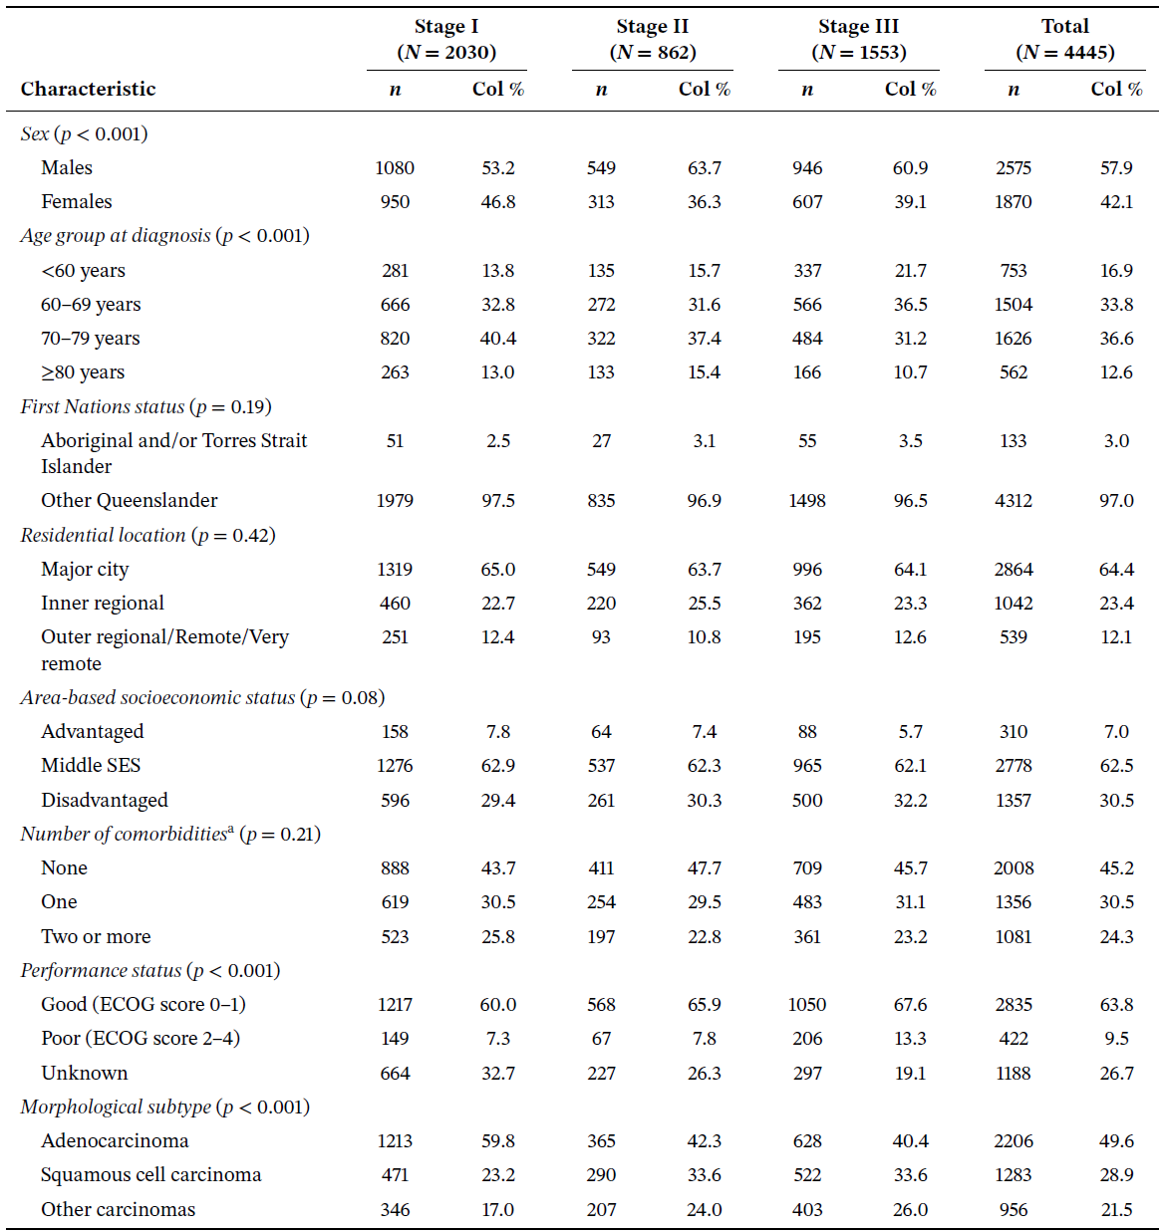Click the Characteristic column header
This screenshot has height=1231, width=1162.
[x=88, y=89]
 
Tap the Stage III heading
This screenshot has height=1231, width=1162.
[x=857, y=27]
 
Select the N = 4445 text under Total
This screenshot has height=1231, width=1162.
[x=1064, y=53]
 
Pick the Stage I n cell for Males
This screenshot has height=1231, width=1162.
[x=395, y=167]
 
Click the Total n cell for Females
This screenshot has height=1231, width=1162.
[x=1013, y=201]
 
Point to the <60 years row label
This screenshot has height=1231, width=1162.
[x=83, y=270]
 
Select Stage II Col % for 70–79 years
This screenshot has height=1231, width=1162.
[x=704, y=338]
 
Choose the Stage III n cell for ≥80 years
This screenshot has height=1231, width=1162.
[x=807, y=372]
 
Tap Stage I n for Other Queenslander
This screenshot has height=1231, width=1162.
[x=395, y=500]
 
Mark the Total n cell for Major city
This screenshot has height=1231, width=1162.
[x=1013, y=569]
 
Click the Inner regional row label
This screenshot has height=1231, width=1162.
[x=102, y=603]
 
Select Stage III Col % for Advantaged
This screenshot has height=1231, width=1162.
[x=910, y=731]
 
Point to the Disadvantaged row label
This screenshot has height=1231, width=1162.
[x=104, y=800]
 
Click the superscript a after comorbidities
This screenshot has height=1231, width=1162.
[x=231, y=829]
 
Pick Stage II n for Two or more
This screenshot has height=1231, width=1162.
[x=601, y=936]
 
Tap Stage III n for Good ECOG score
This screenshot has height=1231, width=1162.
[x=807, y=1004]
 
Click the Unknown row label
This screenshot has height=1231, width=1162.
[x=84, y=1073]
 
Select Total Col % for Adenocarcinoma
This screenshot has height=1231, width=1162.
[x=1116, y=1140]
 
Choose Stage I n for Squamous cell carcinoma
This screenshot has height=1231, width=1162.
[x=395, y=1174]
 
